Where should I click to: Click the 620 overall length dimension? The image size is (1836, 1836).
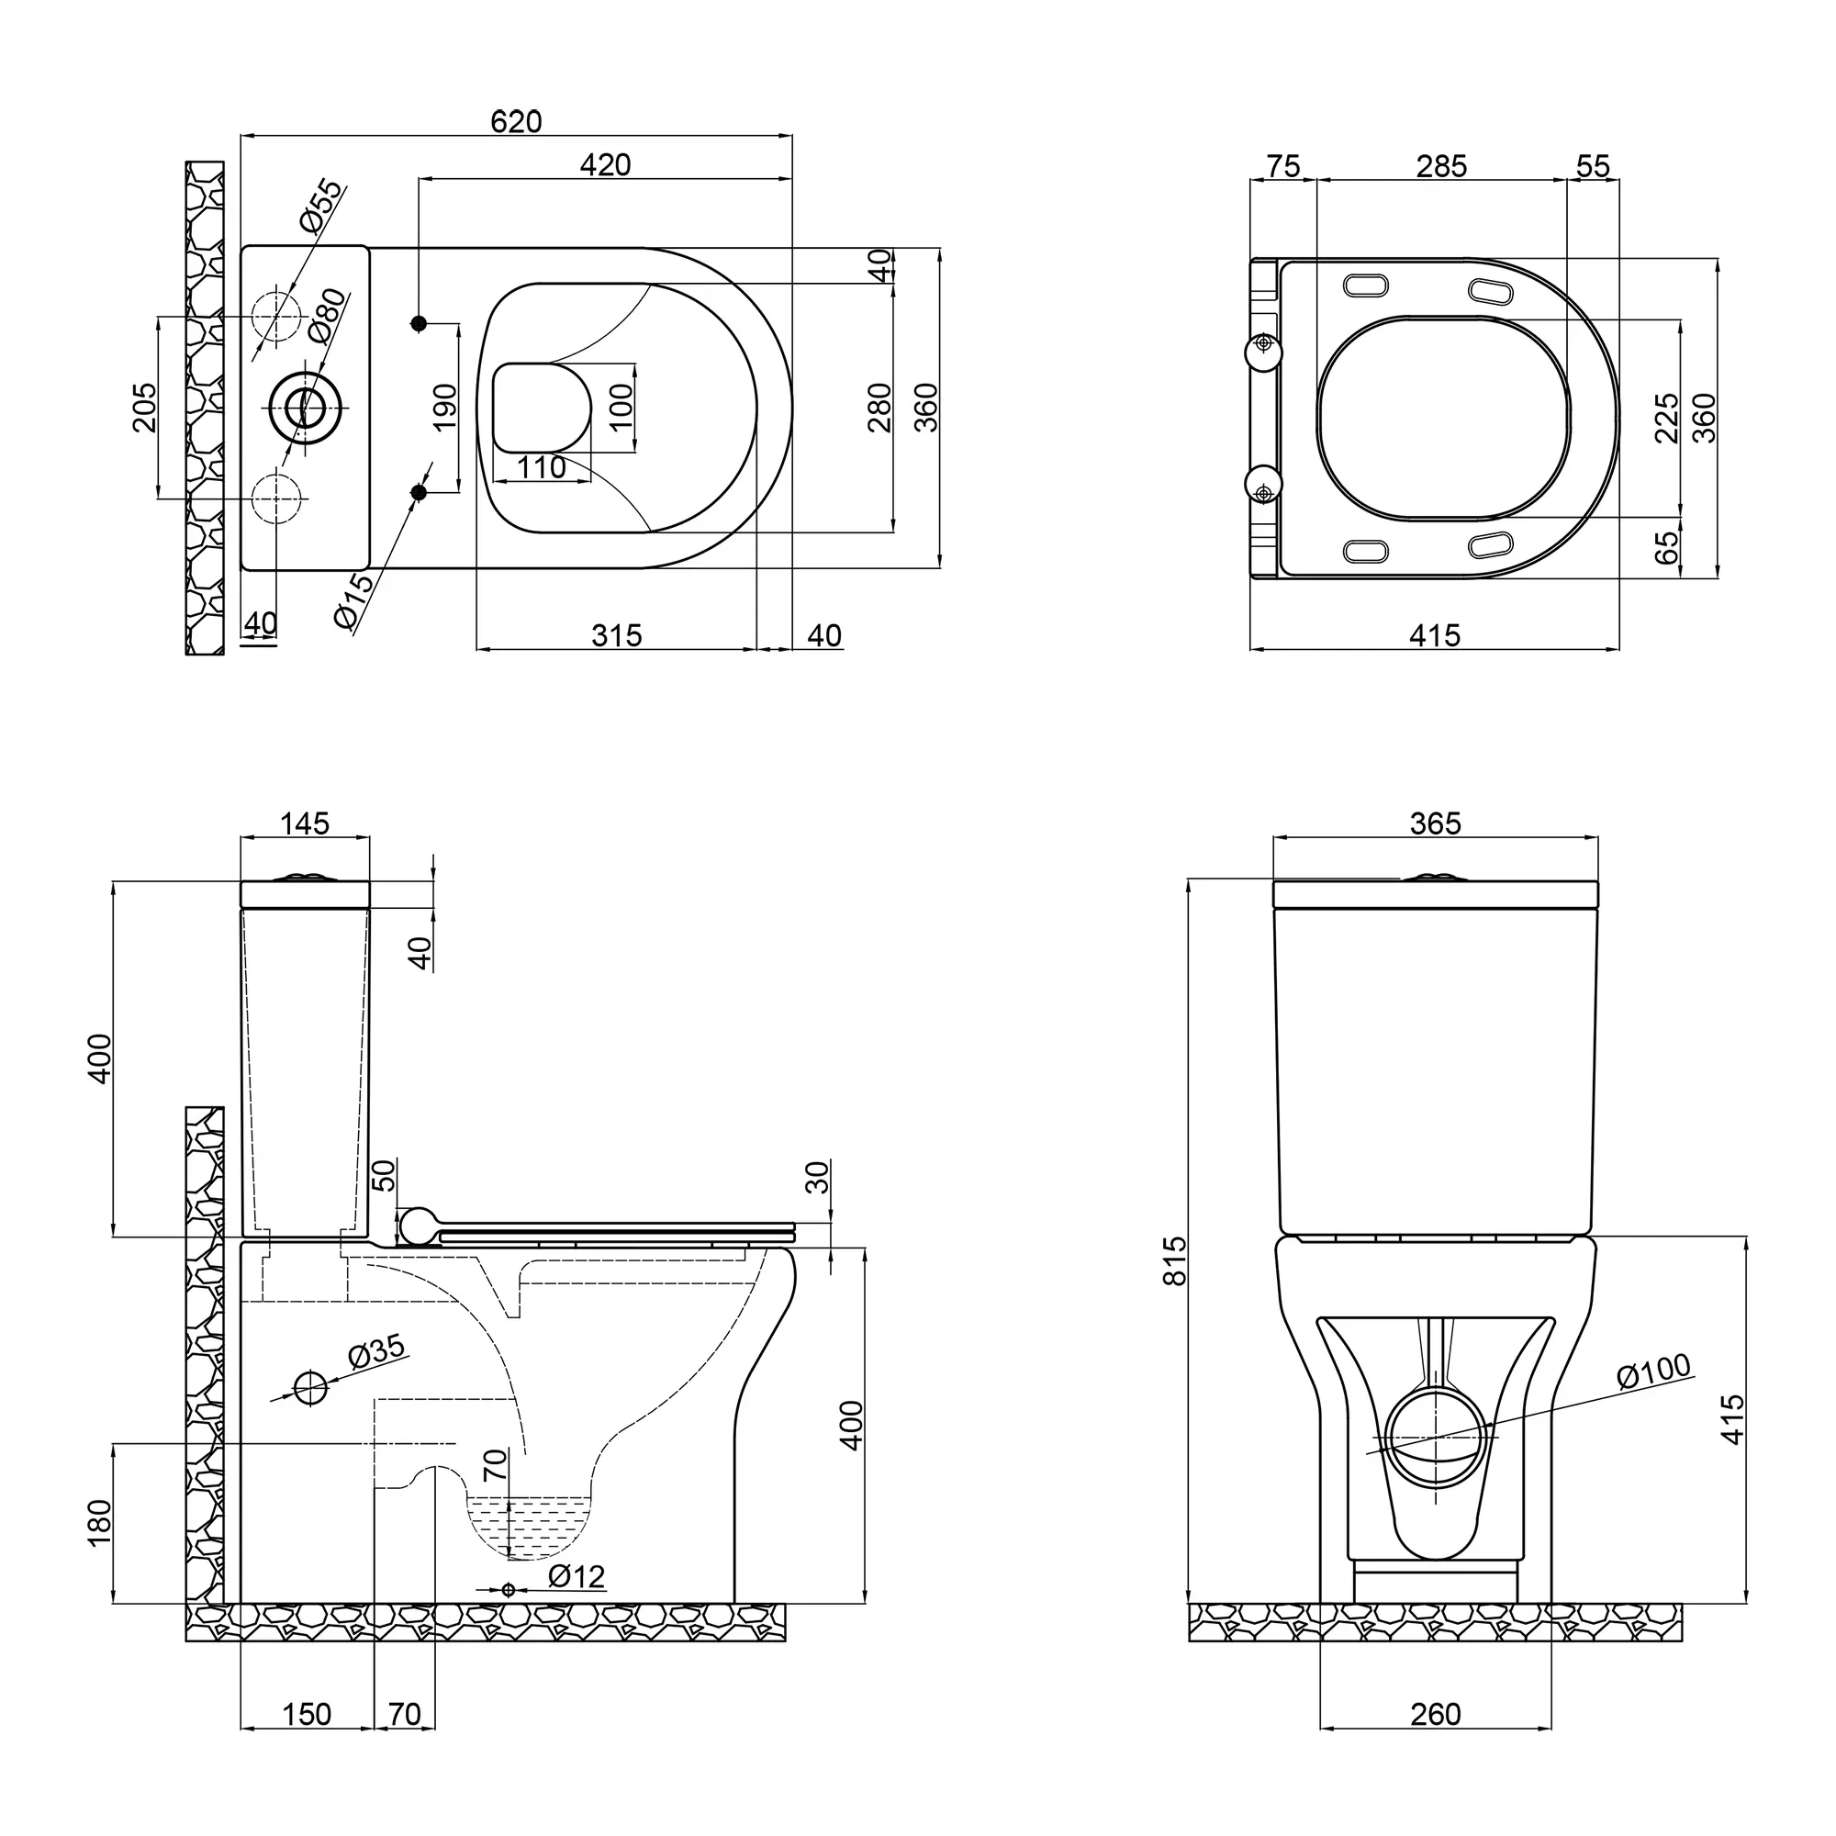(x=516, y=122)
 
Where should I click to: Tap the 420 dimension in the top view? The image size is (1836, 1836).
(x=605, y=165)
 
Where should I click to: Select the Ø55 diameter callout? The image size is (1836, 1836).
(x=320, y=207)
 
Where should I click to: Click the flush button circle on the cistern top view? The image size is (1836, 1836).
(x=304, y=408)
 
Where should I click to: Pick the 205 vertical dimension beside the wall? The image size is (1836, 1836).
(x=144, y=408)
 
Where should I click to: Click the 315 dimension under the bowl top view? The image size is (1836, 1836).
(x=617, y=635)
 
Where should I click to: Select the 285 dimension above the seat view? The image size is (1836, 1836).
(x=1441, y=166)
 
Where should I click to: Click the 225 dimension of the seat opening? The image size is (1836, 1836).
(x=1667, y=418)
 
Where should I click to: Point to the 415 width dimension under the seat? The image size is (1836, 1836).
(x=1434, y=635)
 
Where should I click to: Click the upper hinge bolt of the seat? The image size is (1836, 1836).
(x=1264, y=343)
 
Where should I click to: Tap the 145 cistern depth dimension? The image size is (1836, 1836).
(x=305, y=823)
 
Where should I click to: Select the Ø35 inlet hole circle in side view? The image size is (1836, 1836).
(x=311, y=1388)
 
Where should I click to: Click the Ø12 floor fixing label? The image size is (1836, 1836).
(x=577, y=1576)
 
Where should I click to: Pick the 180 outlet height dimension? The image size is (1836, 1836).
(x=100, y=1522)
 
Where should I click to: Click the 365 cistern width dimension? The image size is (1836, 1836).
(x=1435, y=823)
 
